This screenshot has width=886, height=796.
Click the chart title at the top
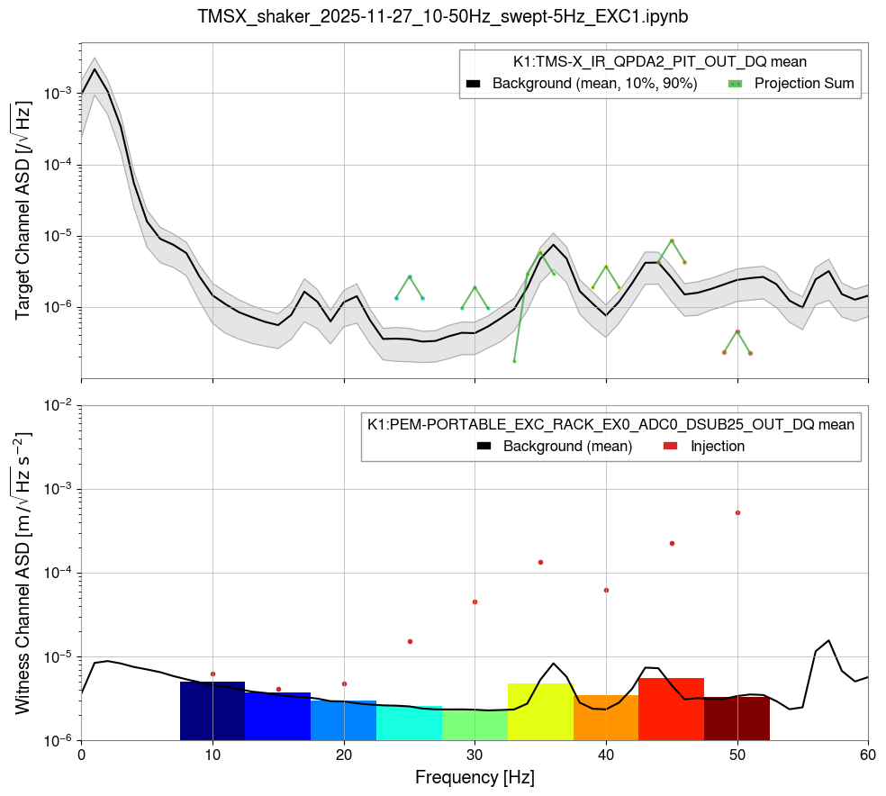tap(443, 15)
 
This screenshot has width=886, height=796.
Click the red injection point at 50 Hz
tap(737, 512)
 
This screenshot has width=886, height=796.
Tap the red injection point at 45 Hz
tap(672, 543)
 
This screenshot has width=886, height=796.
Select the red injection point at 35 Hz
tap(540, 562)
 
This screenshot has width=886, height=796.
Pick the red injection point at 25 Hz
tap(410, 641)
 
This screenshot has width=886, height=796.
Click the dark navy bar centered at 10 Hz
tap(212, 711)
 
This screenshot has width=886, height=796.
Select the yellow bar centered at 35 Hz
tap(540, 712)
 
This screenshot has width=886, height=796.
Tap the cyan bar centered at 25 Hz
tap(410, 723)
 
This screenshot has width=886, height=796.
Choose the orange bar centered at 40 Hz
tap(606, 718)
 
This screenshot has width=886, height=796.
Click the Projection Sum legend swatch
tap(736, 84)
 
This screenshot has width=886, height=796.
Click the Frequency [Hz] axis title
tap(475, 776)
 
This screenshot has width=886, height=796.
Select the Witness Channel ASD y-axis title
tap(23, 573)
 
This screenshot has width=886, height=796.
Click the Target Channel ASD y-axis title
tap(23, 212)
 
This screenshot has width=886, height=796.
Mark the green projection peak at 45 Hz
tap(672, 240)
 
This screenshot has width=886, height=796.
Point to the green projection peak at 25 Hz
tap(410, 276)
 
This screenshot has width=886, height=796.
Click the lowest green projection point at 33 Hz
tap(514, 361)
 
